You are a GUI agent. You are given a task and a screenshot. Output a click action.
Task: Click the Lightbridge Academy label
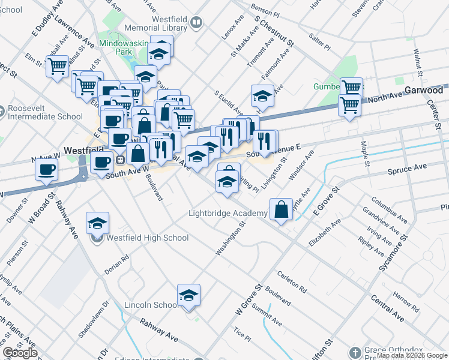(228, 214)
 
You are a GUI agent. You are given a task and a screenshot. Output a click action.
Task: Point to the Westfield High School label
(147, 238)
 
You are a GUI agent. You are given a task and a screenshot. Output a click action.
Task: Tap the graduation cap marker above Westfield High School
(97, 224)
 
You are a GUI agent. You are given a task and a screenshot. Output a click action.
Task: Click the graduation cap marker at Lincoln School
(188, 295)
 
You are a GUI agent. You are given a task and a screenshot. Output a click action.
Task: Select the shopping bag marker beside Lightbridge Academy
(281, 209)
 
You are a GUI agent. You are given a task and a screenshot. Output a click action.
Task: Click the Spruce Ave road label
(411, 167)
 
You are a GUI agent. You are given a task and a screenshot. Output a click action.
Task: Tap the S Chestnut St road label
(274, 32)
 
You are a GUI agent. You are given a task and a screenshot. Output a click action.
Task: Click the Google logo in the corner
(20, 352)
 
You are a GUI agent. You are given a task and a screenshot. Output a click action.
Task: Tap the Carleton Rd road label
(292, 282)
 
